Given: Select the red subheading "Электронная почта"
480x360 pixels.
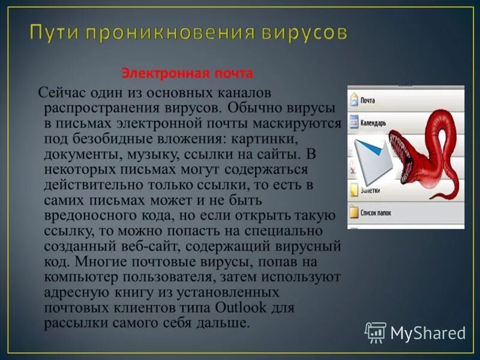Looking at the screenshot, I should click(x=187, y=73).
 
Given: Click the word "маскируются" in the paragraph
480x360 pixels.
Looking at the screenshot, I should click(x=307, y=124).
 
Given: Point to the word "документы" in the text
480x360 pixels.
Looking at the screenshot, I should click(x=77, y=154).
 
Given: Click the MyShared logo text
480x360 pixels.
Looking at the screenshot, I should click(x=427, y=332).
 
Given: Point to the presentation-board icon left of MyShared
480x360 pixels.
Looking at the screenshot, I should click(x=376, y=332).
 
